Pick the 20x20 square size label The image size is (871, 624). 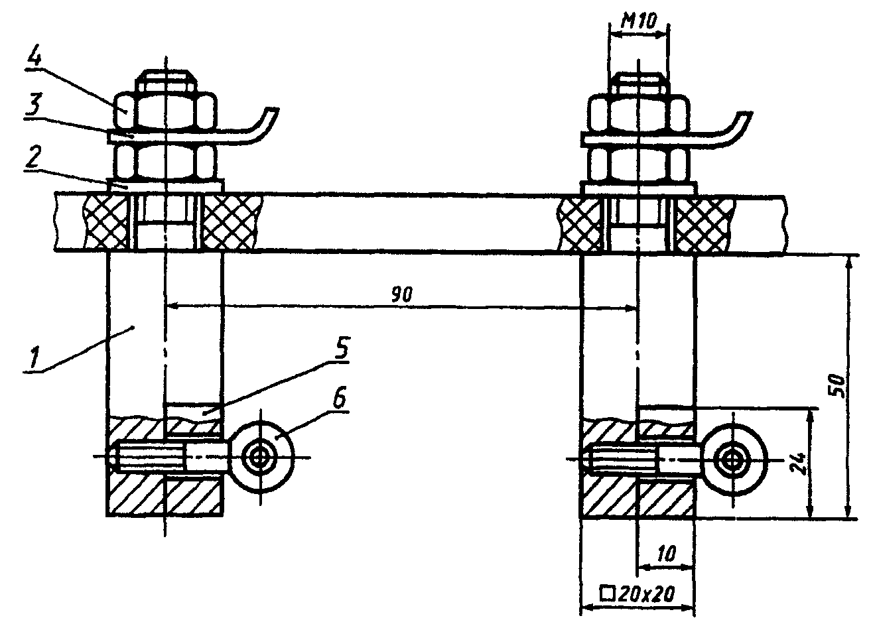[x=637, y=593]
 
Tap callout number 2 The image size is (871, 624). [x=32, y=158]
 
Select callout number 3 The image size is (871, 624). [x=33, y=105]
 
